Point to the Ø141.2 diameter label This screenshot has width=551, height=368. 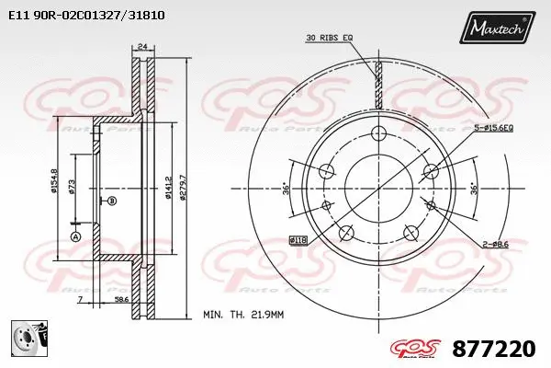click(x=167, y=186)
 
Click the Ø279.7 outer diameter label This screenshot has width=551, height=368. click(x=183, y=186)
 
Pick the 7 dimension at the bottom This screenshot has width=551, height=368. click(x=81, y=300)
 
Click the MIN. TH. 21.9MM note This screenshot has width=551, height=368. click(x=244, y=315)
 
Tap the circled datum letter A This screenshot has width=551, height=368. click(x=76, y=236)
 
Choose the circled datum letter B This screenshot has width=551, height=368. click(x=112, y=201)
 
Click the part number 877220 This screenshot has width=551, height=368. click(x=494, y=348)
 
